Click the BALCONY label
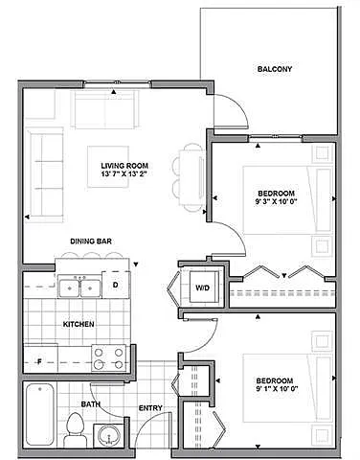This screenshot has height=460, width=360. [x=274, y=70]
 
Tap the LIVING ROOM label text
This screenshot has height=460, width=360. [x=126, y=165]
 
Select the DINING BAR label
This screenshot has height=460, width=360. [x=93, y=241]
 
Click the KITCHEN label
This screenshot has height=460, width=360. [x=79, y=325]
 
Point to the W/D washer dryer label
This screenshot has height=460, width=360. [x=203, y=287]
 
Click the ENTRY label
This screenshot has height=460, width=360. [x=150, y=408]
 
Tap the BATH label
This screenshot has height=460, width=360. [x=90, y=404]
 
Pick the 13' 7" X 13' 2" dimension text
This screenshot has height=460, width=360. [x=126, y=175]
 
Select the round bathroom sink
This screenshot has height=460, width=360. [x=107, y=436]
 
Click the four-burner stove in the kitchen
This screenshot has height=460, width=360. [x=109, y=357]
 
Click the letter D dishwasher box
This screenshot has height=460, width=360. [x=114, y=285]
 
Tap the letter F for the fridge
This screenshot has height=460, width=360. [x=39, y=361]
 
